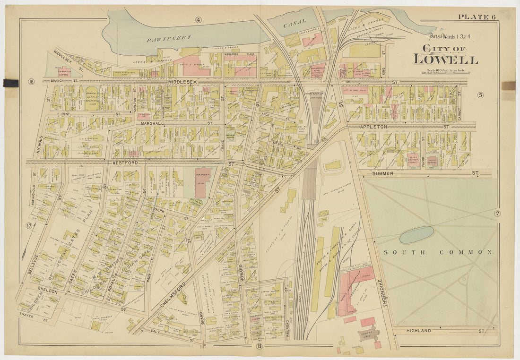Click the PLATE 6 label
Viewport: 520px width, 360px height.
tap(477, 17)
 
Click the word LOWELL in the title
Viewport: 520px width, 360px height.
tap(445, 60)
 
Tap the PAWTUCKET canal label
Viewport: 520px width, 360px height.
tap(168, 37)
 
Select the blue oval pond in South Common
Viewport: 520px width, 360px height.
tap(416, 234)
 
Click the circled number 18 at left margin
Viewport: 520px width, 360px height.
tap(32, 82)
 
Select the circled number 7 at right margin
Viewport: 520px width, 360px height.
tap(497, 214)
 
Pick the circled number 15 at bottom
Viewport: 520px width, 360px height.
tap(260, 347)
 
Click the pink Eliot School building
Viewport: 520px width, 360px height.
tap(433, 162)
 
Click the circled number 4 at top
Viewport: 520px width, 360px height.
tap(198, 19)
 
